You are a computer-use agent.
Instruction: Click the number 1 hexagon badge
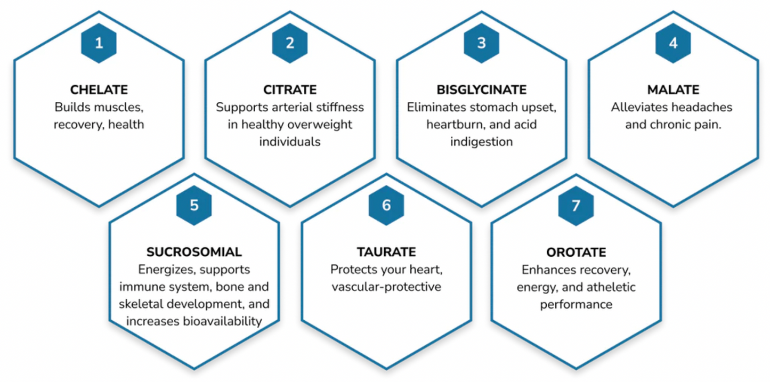pos(99,43)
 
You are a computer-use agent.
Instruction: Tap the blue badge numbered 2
pos(290,43)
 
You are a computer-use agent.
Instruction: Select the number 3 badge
pos(481,43)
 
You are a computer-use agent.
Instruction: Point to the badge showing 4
pos(673,43)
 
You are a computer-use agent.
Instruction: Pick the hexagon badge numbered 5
pos(194,205)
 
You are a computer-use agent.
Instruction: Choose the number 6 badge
pos(386,205)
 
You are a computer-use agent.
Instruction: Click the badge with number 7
pos(576,206)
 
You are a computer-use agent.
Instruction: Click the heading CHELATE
pos(99,90)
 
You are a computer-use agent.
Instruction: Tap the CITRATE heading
pos(290,90)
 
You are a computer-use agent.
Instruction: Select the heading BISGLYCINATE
pos(481,90)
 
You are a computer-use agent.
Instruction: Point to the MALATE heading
pos(673,90)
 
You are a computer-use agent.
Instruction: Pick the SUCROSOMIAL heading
pos(194,252)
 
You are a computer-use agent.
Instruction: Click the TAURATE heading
pos(386,252)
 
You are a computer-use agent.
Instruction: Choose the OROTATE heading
pos(576,253)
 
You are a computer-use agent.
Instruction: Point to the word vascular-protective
pos(386,287)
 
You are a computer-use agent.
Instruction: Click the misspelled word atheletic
pos(611,287)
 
